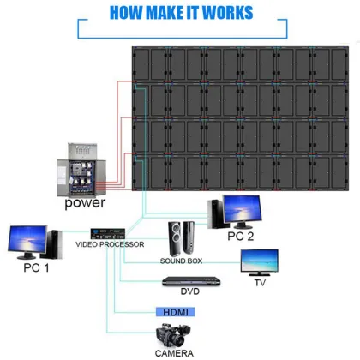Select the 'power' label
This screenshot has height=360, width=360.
(85, 203)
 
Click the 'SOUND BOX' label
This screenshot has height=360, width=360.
(181, 260)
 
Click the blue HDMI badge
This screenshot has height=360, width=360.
(174, 313)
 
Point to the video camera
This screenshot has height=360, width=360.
(172, 335)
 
